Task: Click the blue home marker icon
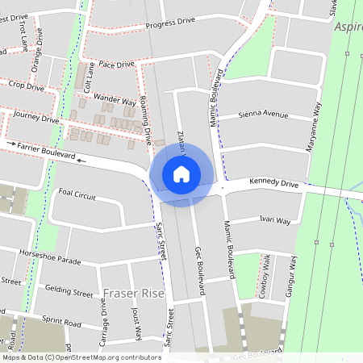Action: tap(181, 173)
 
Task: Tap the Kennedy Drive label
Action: tap(273, 185)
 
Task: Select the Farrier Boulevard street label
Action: tap(47, 149)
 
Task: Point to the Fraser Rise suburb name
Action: tap(133, 293)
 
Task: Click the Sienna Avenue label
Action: tap(264, 115)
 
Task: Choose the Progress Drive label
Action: tap(170, 23)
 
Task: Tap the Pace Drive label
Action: tap(116, 64)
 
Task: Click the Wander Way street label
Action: tap(115, 100)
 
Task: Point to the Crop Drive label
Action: tap(26, 86)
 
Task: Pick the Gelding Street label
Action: tap(69, 293)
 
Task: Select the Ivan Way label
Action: tap(274, 219)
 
